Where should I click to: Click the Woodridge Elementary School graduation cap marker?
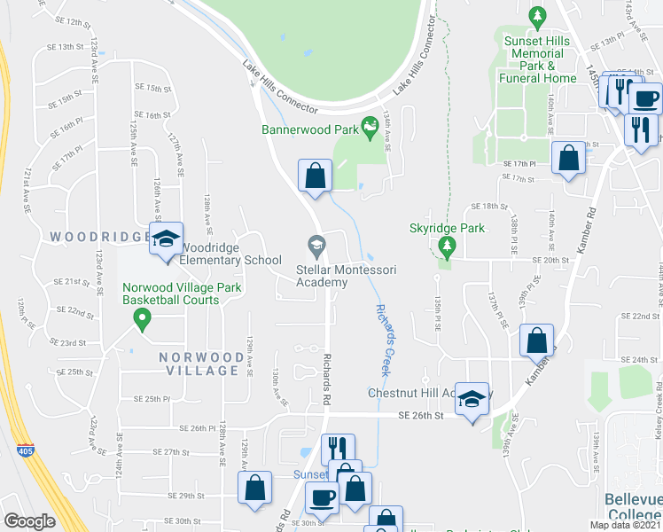tap(165, 239)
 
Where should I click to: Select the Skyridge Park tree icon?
tap(448, 244)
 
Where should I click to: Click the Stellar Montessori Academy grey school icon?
tap(315, 244)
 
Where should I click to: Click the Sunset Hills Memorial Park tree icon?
tap(535, 16)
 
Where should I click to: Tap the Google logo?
tap(29, 521)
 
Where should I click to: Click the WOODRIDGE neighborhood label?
tap(99, 237)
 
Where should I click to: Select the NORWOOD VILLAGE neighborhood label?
tap(201, 364)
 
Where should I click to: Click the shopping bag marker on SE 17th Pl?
tap(568, 159)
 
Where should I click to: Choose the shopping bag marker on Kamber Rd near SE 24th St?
tap(536, 340)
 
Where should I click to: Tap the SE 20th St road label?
tap(550, 260)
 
